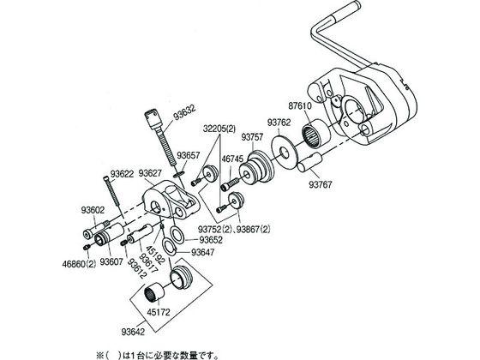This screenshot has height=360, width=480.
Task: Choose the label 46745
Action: click(232, 159)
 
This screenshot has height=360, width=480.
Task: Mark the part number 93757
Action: click(252, 136)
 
